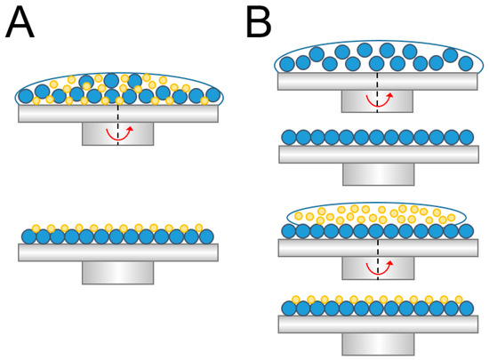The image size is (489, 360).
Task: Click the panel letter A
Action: (20, 22)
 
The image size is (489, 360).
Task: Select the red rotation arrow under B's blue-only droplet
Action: (378, 102)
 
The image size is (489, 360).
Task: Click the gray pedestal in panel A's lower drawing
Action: (117, 272)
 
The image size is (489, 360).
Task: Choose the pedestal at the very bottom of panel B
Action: (377, 343)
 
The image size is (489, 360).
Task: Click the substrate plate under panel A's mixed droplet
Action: (117, 114)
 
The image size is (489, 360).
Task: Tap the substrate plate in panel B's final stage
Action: (377, 324)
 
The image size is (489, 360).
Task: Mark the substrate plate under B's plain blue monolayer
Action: (377, 154)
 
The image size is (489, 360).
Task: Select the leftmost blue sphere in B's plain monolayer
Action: (288, 137)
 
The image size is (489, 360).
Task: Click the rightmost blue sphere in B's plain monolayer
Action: (467, 137)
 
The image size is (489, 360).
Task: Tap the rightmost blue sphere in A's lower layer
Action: (206, 236)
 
